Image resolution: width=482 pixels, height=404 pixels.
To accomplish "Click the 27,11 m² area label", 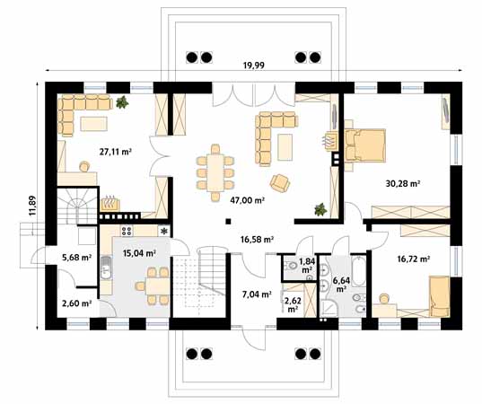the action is [115, 151].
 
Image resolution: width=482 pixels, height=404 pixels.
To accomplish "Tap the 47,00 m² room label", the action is [248, 200].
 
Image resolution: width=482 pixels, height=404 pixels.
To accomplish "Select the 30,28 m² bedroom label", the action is [403, 183].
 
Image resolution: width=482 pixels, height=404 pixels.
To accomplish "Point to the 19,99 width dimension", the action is [254, 66].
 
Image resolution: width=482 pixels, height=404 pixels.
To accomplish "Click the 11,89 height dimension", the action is [32, 206].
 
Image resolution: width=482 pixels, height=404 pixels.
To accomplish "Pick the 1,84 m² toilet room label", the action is [307, 266].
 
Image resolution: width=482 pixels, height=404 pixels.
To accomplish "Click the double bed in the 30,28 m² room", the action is [365, 145].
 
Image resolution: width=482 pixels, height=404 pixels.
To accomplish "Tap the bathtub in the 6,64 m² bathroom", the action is [358, 270].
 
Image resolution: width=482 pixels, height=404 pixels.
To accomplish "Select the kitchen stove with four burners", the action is [127, 231].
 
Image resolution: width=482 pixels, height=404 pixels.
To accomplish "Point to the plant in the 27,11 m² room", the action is [122, 102].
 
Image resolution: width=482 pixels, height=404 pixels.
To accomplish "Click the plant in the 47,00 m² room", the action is [320, 209].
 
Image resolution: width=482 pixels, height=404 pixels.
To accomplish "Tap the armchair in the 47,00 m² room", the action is [280, 183].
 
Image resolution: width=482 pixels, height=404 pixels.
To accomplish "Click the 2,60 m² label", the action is [77, 303].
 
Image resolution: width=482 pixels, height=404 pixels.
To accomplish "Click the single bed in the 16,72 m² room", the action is [440, 296].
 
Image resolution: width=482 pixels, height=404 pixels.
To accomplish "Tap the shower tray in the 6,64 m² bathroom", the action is [329, 308].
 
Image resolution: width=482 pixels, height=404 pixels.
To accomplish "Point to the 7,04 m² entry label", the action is [257, 294].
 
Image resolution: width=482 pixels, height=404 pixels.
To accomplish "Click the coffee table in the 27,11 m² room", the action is [94, 124].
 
